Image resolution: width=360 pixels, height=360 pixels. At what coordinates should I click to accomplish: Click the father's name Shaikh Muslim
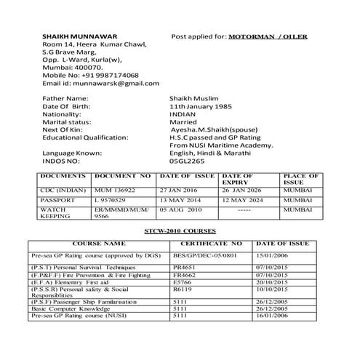[x=193, y=98]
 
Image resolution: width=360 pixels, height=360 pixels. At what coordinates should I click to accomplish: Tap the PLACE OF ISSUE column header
[x=300, y=179]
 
